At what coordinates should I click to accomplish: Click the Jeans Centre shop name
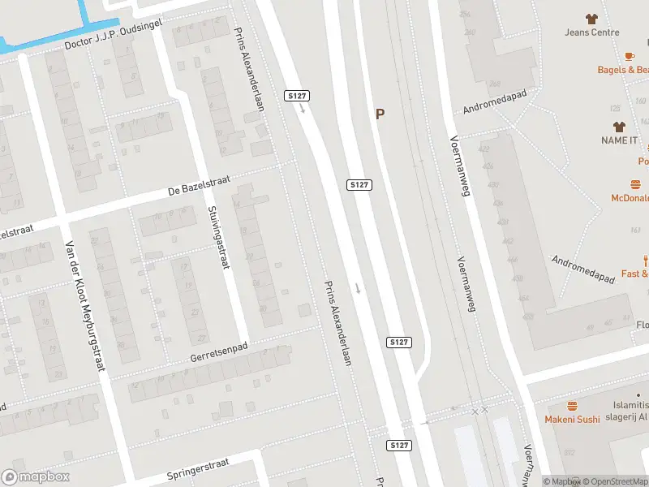click(x=592, y=32)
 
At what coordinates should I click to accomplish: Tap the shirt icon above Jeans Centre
click(x=591, y=18)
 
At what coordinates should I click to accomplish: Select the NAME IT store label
click(x=619, y=140)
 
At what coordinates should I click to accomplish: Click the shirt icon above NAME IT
click(x=619, y=127)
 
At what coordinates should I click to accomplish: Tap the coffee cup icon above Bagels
click(x=630, y=56)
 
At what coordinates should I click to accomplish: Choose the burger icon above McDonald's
click(x=635, y=185)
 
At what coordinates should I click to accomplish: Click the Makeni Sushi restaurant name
click(x=572, y=420)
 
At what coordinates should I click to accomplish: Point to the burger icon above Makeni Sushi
click(x=572, y=406)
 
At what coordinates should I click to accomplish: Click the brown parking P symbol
click(x=380, y=114)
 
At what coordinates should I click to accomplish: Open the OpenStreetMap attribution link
click(x=613, y=481)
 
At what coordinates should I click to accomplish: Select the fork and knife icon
click(x=645, y=261)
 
